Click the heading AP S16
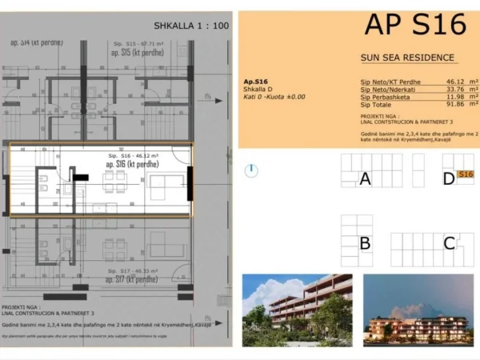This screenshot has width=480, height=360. click(414, 24)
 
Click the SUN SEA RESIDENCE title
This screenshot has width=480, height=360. click(408, 58)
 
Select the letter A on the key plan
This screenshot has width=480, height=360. click(365, 178)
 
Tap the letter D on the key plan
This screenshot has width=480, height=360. click(448, 178)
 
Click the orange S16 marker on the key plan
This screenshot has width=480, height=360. click(466, 174)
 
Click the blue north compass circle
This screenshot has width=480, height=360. click(252, 170)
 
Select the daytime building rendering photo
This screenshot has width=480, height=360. click(297, 310)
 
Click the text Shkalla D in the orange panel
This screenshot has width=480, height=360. click(258, 89)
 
